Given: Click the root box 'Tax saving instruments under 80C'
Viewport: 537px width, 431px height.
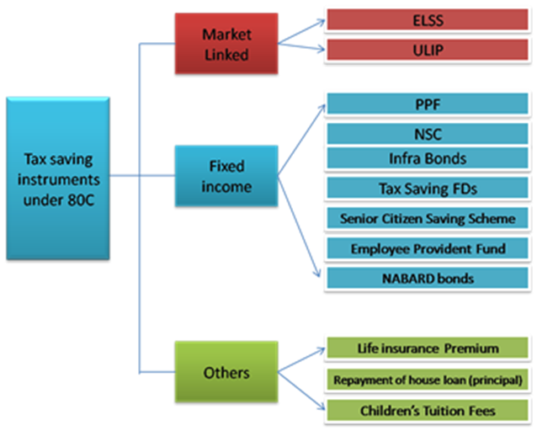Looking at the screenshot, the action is click(58, 178).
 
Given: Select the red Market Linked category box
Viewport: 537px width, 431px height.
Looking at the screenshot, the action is click(226, 44).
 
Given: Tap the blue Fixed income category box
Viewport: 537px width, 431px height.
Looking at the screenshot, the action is click(226, 176).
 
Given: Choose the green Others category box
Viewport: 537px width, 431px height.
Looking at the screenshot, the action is click(226, 372).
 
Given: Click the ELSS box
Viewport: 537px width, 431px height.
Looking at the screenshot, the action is click(428, 20).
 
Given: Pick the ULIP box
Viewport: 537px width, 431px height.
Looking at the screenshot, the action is click(428, 50).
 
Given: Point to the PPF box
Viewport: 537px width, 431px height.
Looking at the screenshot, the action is click(428, 104).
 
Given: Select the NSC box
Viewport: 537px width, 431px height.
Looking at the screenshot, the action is click(428, 134).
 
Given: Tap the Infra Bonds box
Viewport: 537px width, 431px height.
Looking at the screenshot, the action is click(428, 158).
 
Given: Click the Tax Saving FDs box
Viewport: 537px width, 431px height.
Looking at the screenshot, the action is click(428, 188).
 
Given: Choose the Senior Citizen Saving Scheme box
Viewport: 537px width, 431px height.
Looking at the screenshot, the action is click(428, 218).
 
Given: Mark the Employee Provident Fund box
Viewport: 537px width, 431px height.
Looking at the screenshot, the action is click(428, 248).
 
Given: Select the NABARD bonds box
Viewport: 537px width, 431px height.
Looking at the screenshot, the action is click(428, 278).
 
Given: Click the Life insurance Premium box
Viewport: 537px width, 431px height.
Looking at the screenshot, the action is click(428, 349).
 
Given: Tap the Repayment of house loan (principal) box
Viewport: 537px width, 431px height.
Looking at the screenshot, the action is click(428, 380).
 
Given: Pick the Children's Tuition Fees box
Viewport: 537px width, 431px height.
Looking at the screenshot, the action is click(428, 410).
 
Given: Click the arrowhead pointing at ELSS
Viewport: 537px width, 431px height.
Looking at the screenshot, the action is click(322, 23).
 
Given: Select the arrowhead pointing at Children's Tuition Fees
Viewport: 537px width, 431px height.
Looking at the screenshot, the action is click(322, 407).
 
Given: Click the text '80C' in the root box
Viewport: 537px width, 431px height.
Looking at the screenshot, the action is click(81, 200).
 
